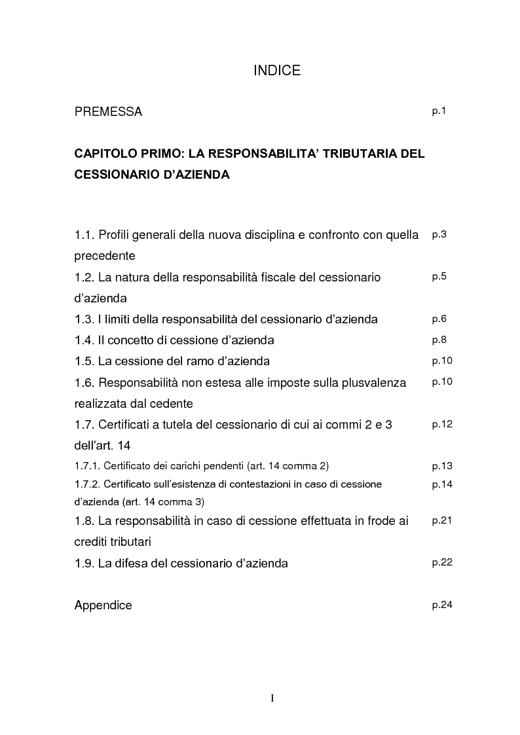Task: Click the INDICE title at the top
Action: (x=277, y=71)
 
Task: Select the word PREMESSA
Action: (x=108, y=112)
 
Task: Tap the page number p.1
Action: (x=439, y=111)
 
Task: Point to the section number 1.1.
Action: (x=84, y=235)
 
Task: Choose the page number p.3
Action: (x=439, y=234)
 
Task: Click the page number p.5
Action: (x=439, y=276)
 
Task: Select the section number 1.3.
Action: (x=84, y=319)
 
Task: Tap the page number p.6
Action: (x=439, y=319)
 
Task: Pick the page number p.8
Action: (x=439, y=340)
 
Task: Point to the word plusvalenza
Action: (x=372, y=382)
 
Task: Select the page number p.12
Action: (x=442, y=424)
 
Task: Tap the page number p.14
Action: (x=442, y=484)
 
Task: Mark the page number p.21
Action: (x=442, y=520)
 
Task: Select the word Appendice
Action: (x=103, y=605)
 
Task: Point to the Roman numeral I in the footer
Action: (x=272, y=698)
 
